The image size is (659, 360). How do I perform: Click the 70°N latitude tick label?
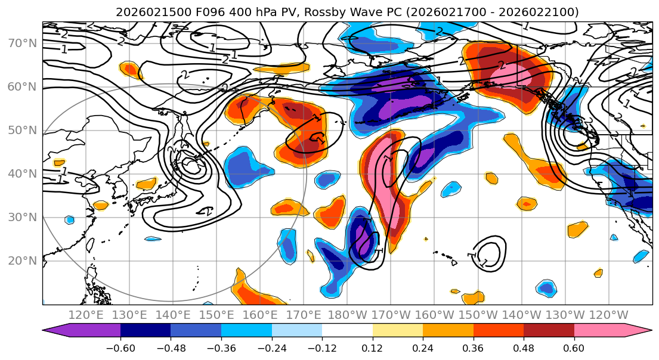point(23,44)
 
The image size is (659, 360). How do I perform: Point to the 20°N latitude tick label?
point(23,261)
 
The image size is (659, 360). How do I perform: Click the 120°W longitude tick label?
point(609,315)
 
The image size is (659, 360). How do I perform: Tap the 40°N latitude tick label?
point(23,174)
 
